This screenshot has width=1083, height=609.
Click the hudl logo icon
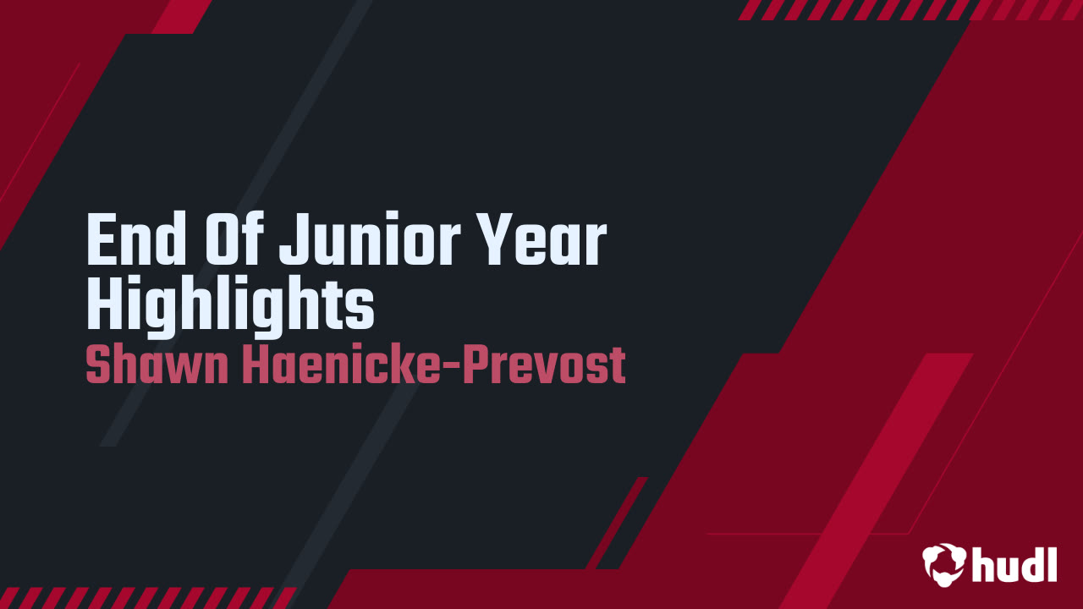pyautogui.click(x=943, y=563)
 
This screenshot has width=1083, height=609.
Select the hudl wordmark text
pyautogui.click(x=1014, y=563)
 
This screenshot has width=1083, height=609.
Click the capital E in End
pyautogui.click(x=102, y=241)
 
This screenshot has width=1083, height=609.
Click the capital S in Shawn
pyautogui.click(x=98, y=365)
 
